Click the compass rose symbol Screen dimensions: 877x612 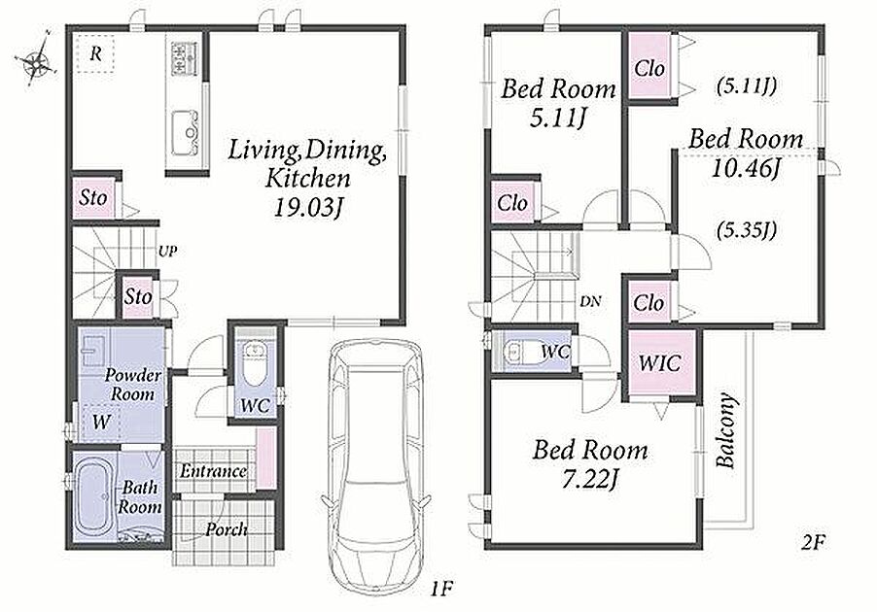click(36, 61)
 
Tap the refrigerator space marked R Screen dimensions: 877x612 click(95, 53)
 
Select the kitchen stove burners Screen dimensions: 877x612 click(184, 58)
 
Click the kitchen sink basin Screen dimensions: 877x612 click(185, 133)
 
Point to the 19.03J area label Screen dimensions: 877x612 click(307, 207)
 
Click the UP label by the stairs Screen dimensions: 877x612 click(168, 252)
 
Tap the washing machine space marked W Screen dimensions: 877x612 click(101, 422)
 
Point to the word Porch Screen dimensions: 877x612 click(226, 528)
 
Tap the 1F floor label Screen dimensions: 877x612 click(440, 590)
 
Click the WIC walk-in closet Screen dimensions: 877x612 click(660, 363)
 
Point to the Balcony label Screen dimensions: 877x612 click(726, 431)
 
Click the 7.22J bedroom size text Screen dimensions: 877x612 click(590, 478)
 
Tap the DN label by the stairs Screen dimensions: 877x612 click(590, 302)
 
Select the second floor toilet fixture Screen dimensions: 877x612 click(521, 352)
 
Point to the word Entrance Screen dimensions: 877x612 click(213, 471)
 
